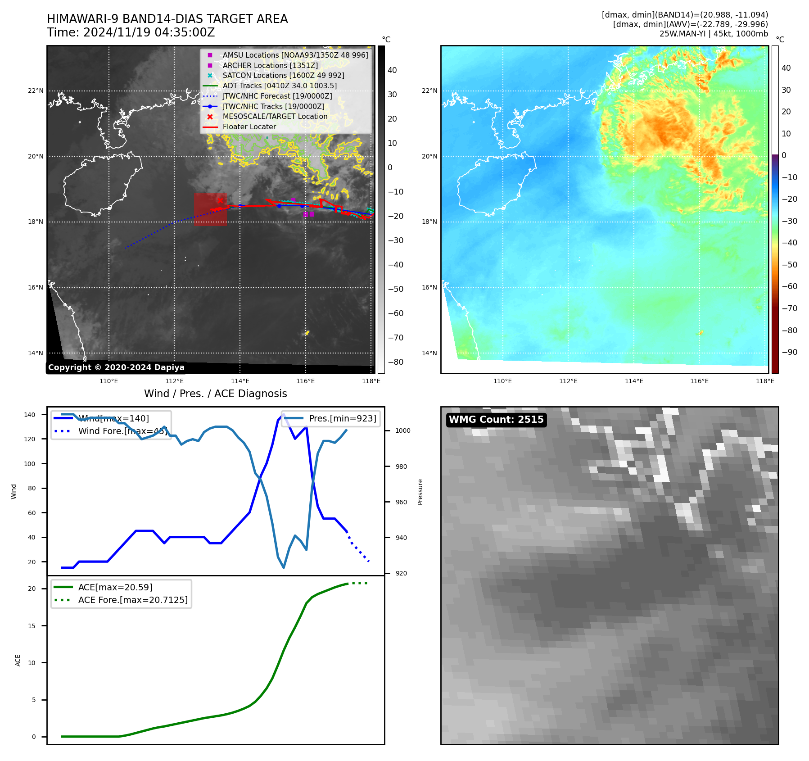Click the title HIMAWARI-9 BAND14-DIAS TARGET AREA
coord(167,19)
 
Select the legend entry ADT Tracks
coord(279,86)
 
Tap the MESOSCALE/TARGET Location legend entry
coord(275,116)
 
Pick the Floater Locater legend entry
coord(249,127)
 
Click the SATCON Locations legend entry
coord(283,75)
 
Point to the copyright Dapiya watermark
coord(116,367)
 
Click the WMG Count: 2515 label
coord(496,420)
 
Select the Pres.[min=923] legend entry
coord(342,418)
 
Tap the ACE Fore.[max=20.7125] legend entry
coord(133,600)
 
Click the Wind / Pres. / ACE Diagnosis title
coord(215,394)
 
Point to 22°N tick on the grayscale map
coord(36,91)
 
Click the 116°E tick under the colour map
coord(699,381)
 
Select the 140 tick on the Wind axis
coord(30,415)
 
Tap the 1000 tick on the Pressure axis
coord(403,430)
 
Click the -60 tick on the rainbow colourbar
coord(789,286)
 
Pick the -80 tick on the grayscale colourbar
coord(395,362)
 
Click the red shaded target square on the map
coord(210,209)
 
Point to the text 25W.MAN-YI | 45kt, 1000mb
coord(714,34)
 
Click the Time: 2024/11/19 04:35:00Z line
coord(131,32)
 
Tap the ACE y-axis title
coord(18,660)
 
